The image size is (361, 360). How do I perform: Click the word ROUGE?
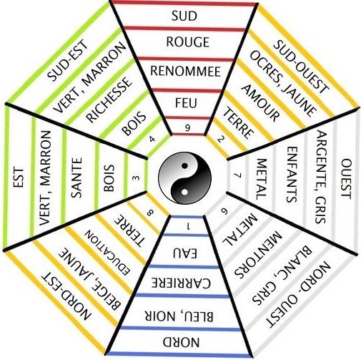point(187,42)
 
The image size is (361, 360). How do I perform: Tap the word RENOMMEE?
point(185,72)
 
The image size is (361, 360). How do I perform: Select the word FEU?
point(186,103)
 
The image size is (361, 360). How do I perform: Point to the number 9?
point(188,128)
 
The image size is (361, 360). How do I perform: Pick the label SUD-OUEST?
point(301,67)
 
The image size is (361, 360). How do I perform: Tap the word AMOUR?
point(260,103)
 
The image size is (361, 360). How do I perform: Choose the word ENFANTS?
point(292,175)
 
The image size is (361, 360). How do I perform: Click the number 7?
point(238,175)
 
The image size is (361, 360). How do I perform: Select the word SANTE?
point(76,177)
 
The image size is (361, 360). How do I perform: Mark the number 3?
point(137,178)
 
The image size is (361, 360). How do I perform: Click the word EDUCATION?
point(108,253)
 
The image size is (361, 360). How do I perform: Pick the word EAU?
point(185,253)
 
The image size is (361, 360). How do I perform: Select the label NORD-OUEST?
point(298,294)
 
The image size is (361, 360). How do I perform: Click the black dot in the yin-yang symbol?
point(184,165)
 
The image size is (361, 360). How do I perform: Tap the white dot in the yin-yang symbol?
point(184,192)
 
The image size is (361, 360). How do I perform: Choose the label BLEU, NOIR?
point(179,316)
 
